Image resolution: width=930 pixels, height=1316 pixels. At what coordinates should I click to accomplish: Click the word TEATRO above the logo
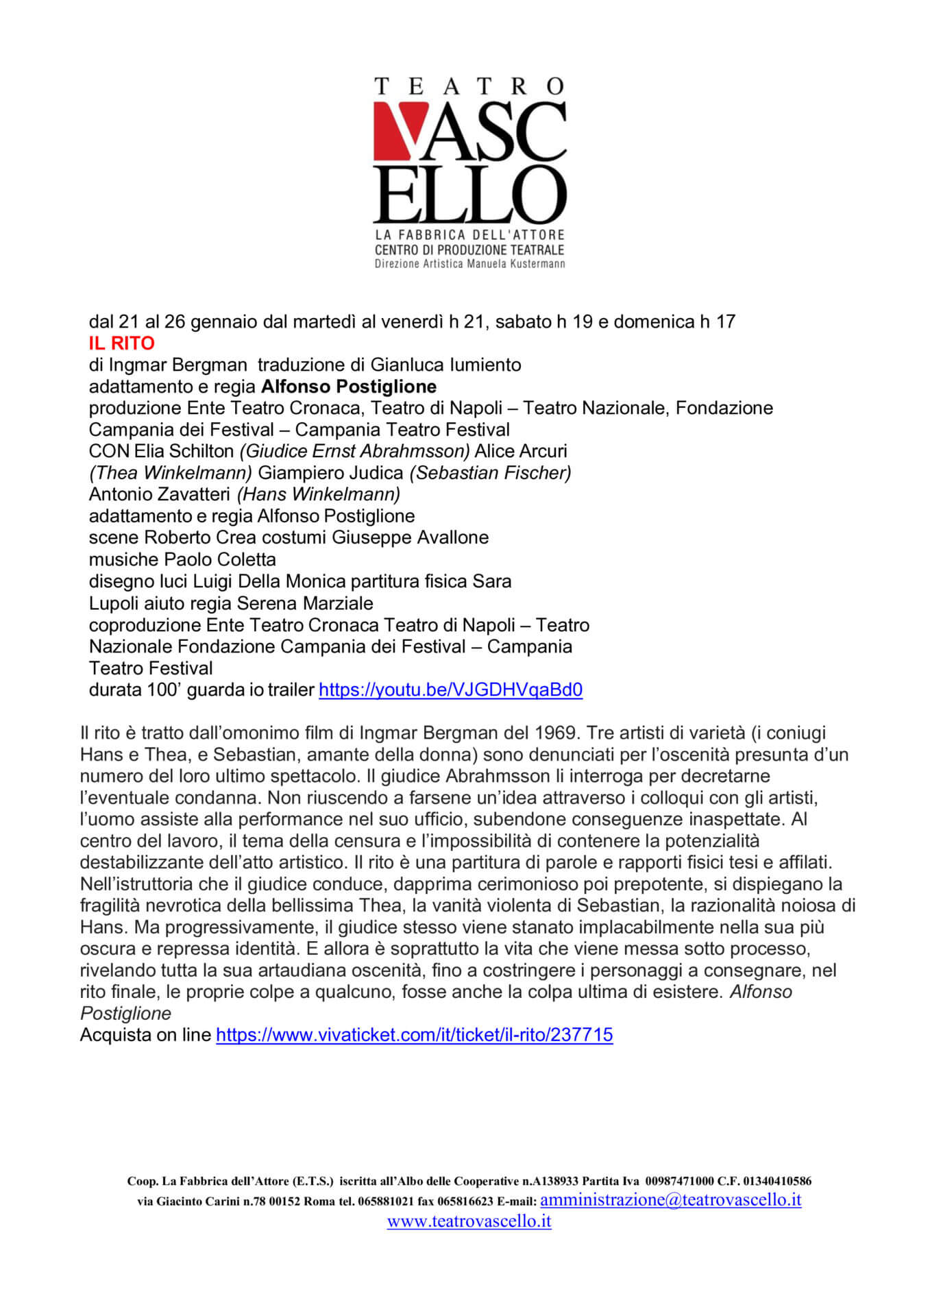point(469,86)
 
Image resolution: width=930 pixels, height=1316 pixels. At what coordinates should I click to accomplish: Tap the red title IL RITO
point(121,343)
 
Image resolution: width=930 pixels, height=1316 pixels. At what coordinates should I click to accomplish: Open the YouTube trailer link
point(450,690)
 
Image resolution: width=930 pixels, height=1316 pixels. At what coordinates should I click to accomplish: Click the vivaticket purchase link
point(414,1034)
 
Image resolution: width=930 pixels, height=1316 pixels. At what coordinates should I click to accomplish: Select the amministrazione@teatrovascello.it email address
point(670,1199)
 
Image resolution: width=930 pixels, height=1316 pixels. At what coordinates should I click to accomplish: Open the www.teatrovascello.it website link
point(469,1221)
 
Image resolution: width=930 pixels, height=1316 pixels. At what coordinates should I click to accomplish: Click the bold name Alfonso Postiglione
point(349,387)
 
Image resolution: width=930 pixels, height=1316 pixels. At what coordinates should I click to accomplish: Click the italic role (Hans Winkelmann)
point(319,494)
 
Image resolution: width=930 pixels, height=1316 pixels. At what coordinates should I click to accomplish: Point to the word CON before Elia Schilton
point(109,451)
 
